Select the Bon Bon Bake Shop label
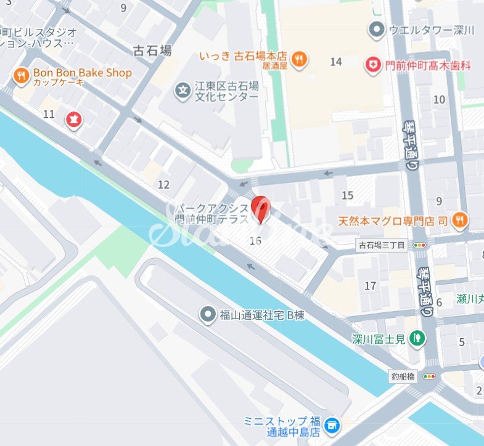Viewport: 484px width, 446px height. pyautogui.click(x=83, y=73)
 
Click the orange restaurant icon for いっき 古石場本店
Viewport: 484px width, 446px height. pyautogui.click(x=300, y=59)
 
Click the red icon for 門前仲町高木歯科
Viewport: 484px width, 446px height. pyautogui.click(x=372, y=65)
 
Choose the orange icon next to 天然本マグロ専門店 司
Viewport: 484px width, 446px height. pyautogui.click(x=459, y=220)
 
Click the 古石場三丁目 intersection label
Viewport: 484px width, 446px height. pyautogui.click(x=382, y=245)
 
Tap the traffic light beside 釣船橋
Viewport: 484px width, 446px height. pyautogui.click(x=429, y=376)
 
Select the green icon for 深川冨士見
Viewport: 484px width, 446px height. pyautogui.click(x=418, y=338)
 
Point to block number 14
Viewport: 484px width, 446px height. pyautogui.click(x=336, y=62)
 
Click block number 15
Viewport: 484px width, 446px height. pyautogui.click(x=348, y=195)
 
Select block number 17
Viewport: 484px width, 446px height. pyautogui.click(x=371, y=286)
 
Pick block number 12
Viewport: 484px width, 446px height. pyautogui.click(x=163, y=184)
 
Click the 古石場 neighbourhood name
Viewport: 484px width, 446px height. pyautogui.click(x=153, y=50)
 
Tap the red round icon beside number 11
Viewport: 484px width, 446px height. pyautogui.click(x=73, y=119)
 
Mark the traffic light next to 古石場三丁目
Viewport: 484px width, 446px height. pyautogui.click(x=420, y=245)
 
